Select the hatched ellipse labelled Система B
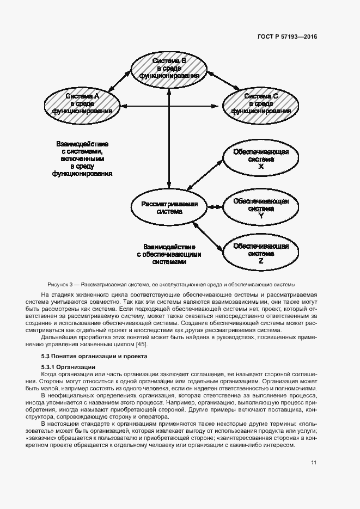coord(170,68)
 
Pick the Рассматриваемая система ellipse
coord(169,207)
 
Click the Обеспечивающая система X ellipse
coord(261,159)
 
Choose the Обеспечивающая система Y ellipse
coord(261,207)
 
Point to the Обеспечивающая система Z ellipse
coord(261,253)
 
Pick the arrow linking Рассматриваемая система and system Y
coord(213,207)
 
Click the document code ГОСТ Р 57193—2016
coord(286,36)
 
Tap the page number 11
coord(314,463)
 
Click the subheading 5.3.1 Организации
coord(65,367)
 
